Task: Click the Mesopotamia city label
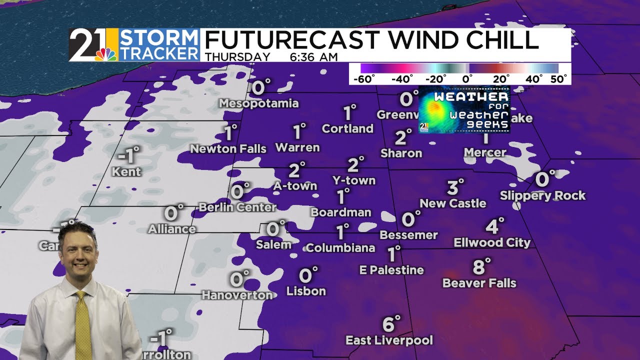click(x=259, y=103)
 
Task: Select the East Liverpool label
click(x=389, y=340)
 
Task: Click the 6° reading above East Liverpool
click(x=390, y=324)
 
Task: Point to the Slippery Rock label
click(x=542, y=195)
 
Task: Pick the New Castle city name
click(x=453, y=203)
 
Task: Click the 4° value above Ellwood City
click(x=494, y=226)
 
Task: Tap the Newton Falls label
click(x=228, y=149)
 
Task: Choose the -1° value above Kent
click(x=127, y=156)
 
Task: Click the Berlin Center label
click(x=237, y=207)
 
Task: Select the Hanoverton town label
click(x=237, y=295)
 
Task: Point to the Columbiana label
click(x=340, y=247)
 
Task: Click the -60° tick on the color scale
click(x=364, y=79)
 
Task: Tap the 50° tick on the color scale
click(x=558, y=79)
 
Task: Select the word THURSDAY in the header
click(x=237, y=57)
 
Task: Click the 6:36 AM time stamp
click(x=313, y=57)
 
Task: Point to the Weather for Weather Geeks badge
click(x=464, y=109)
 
